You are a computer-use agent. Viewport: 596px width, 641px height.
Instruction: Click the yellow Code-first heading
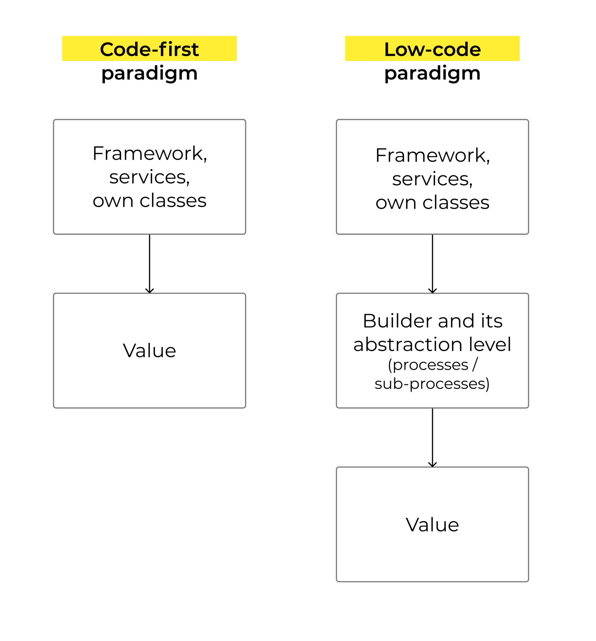tap(149, 49)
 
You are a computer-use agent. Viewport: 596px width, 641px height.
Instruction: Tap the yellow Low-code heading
tap(432, 49)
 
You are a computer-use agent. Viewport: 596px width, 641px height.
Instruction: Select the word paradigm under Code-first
tap(149, 73)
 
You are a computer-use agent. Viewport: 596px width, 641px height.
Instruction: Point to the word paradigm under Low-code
tap(432, 73)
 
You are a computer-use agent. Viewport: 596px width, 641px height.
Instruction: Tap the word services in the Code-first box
tap(148, 177)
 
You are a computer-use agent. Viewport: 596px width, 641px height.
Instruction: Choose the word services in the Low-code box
tap(431, 179)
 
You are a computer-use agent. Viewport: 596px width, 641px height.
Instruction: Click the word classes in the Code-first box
tap(173, 201)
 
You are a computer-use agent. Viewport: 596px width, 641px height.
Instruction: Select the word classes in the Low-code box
tap(456, 203)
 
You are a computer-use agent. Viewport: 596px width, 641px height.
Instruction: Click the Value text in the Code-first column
tap(149, 351)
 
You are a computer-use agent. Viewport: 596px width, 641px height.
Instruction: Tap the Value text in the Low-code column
tap(432, 524)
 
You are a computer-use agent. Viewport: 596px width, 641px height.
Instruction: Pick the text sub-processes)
tap(432, 384)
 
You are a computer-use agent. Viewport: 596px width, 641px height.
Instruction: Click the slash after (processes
tap(475, 364)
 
